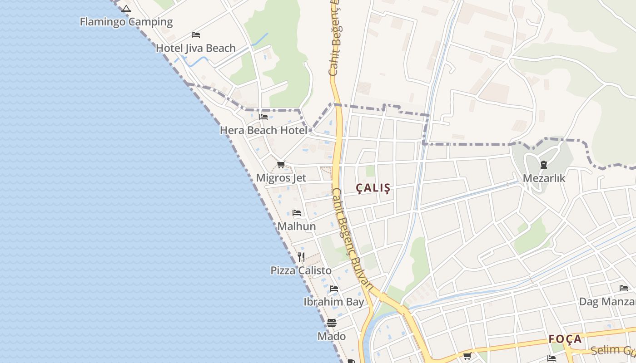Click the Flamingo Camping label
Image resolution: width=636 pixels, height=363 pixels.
point(126,22)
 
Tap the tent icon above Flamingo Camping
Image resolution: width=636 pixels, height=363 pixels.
point(126,9)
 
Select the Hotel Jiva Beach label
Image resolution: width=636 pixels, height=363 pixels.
point(196,48)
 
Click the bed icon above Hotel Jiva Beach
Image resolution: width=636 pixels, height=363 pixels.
point(196,34)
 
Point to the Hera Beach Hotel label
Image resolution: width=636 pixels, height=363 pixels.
point(263,130)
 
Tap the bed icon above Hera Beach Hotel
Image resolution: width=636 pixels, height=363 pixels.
point(263,117)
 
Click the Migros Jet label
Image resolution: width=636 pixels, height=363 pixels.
point(281,178)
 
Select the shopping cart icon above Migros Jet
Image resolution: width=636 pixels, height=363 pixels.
point(281,164)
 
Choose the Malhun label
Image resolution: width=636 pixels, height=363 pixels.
point(297,226)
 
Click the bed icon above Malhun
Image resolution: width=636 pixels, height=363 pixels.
point(297,212)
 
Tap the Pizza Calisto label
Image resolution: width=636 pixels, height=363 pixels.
point(301,270)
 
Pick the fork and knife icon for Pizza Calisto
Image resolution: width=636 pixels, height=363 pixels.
point(301,257)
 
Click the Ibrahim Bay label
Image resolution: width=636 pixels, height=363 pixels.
point(334,302)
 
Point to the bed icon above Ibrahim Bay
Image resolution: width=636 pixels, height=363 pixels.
point(334,289)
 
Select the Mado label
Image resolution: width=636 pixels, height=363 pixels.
point(332,336)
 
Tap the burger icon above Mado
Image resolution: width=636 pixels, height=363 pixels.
point(332,323)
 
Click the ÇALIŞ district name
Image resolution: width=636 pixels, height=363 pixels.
point(373,188)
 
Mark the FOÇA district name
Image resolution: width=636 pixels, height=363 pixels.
point(565,339)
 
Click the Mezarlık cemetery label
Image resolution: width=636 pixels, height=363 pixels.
point(544,178)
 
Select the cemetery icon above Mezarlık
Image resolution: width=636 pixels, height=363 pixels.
point(544,165)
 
